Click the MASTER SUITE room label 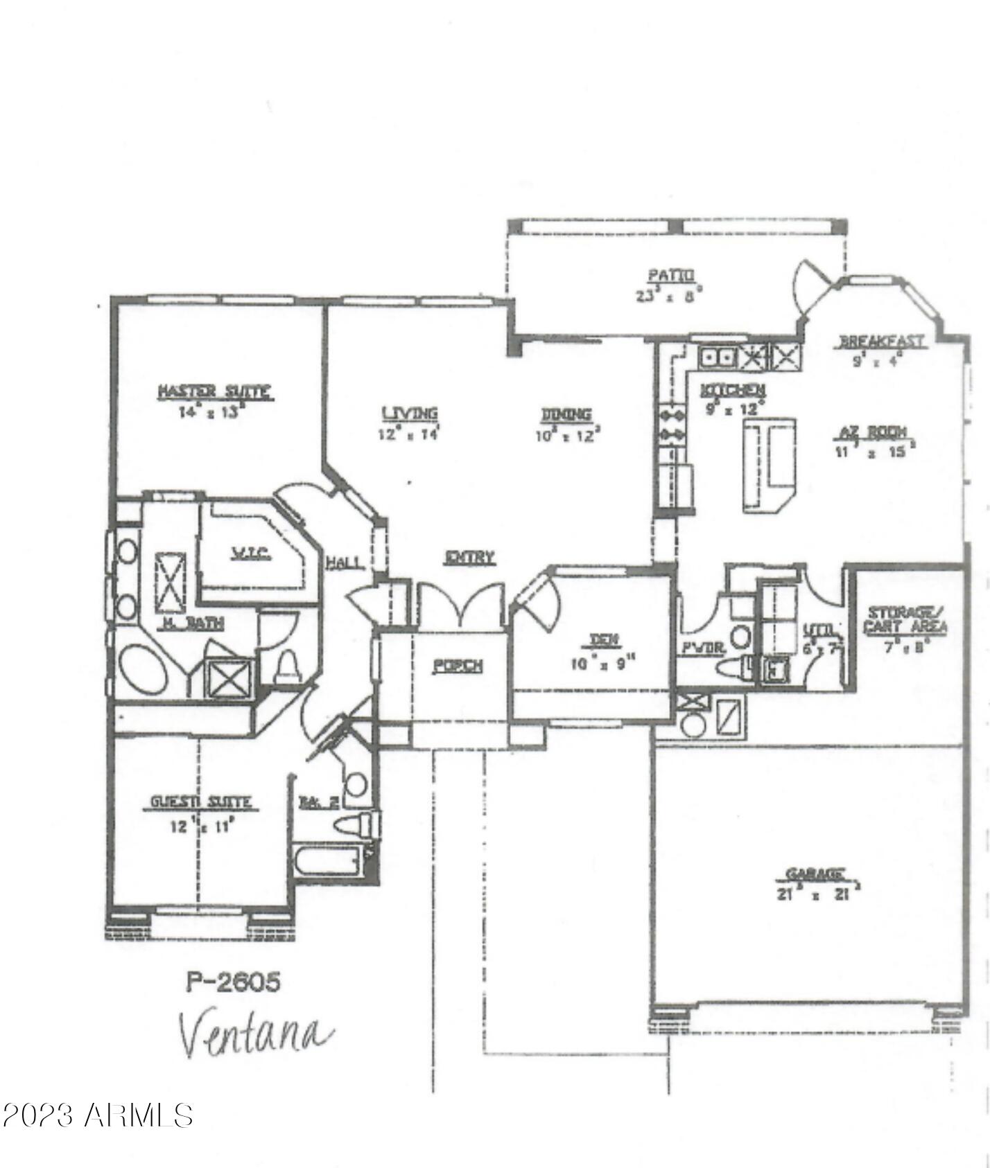pos(214,392)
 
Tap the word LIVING pos(410,414)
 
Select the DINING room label pos(566,414)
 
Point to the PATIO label pos(670,275)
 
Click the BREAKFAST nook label pos(881,342)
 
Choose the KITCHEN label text pos(732,389)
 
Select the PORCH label pos(458,666)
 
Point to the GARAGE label pos(815,873)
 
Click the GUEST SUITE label pos(201,802)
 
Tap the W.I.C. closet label pos(250,554)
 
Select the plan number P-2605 pos(234,982)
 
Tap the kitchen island pos(768,465)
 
